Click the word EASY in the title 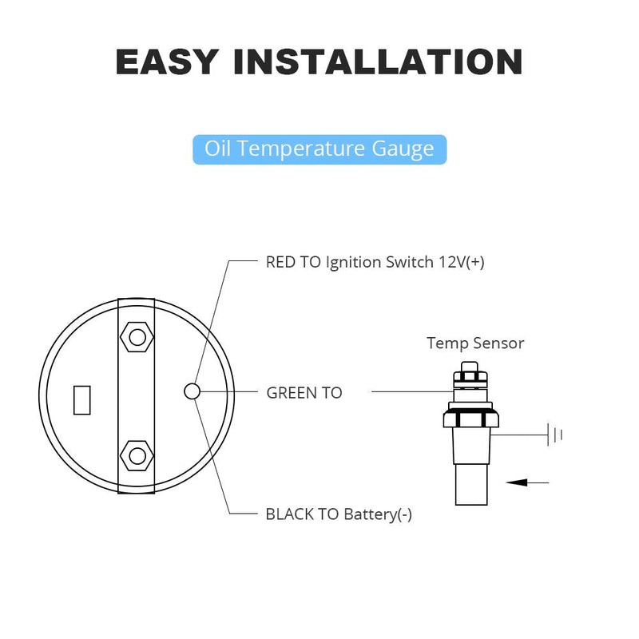coord(168,62)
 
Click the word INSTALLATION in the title coord(378,62)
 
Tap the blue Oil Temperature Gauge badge coord(319,149)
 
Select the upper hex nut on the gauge coord(137,337)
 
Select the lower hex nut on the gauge coord(137,455)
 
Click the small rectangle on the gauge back coord(82,400)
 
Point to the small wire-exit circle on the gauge coord(192,391)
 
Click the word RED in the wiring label coord(280,262)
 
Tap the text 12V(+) coord(462,262)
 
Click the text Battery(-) coord(378,514)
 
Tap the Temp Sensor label coord(475,343)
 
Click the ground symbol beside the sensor coord(555,435)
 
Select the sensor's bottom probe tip coord(471,485)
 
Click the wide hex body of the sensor coord(470,419)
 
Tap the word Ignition coord(354,263)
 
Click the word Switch coord(410,262)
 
